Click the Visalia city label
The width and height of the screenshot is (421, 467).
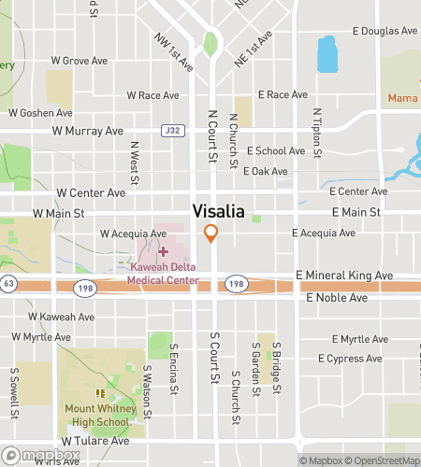(219, 211)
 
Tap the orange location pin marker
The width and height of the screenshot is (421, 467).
(211, 233)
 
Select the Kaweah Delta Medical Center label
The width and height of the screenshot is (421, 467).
(164, 274)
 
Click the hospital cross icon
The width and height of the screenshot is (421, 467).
(164, 251)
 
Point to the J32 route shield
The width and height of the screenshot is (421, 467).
(171, 130)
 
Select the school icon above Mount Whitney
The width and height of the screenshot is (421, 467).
(100, 393)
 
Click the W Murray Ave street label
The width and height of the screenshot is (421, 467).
(89, 131)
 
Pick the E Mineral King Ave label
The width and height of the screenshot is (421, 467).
(344, 276)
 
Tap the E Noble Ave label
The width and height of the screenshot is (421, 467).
(337, 297)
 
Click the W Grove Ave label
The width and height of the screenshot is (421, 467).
(81, 61)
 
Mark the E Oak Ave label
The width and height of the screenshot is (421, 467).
(266, 171)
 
